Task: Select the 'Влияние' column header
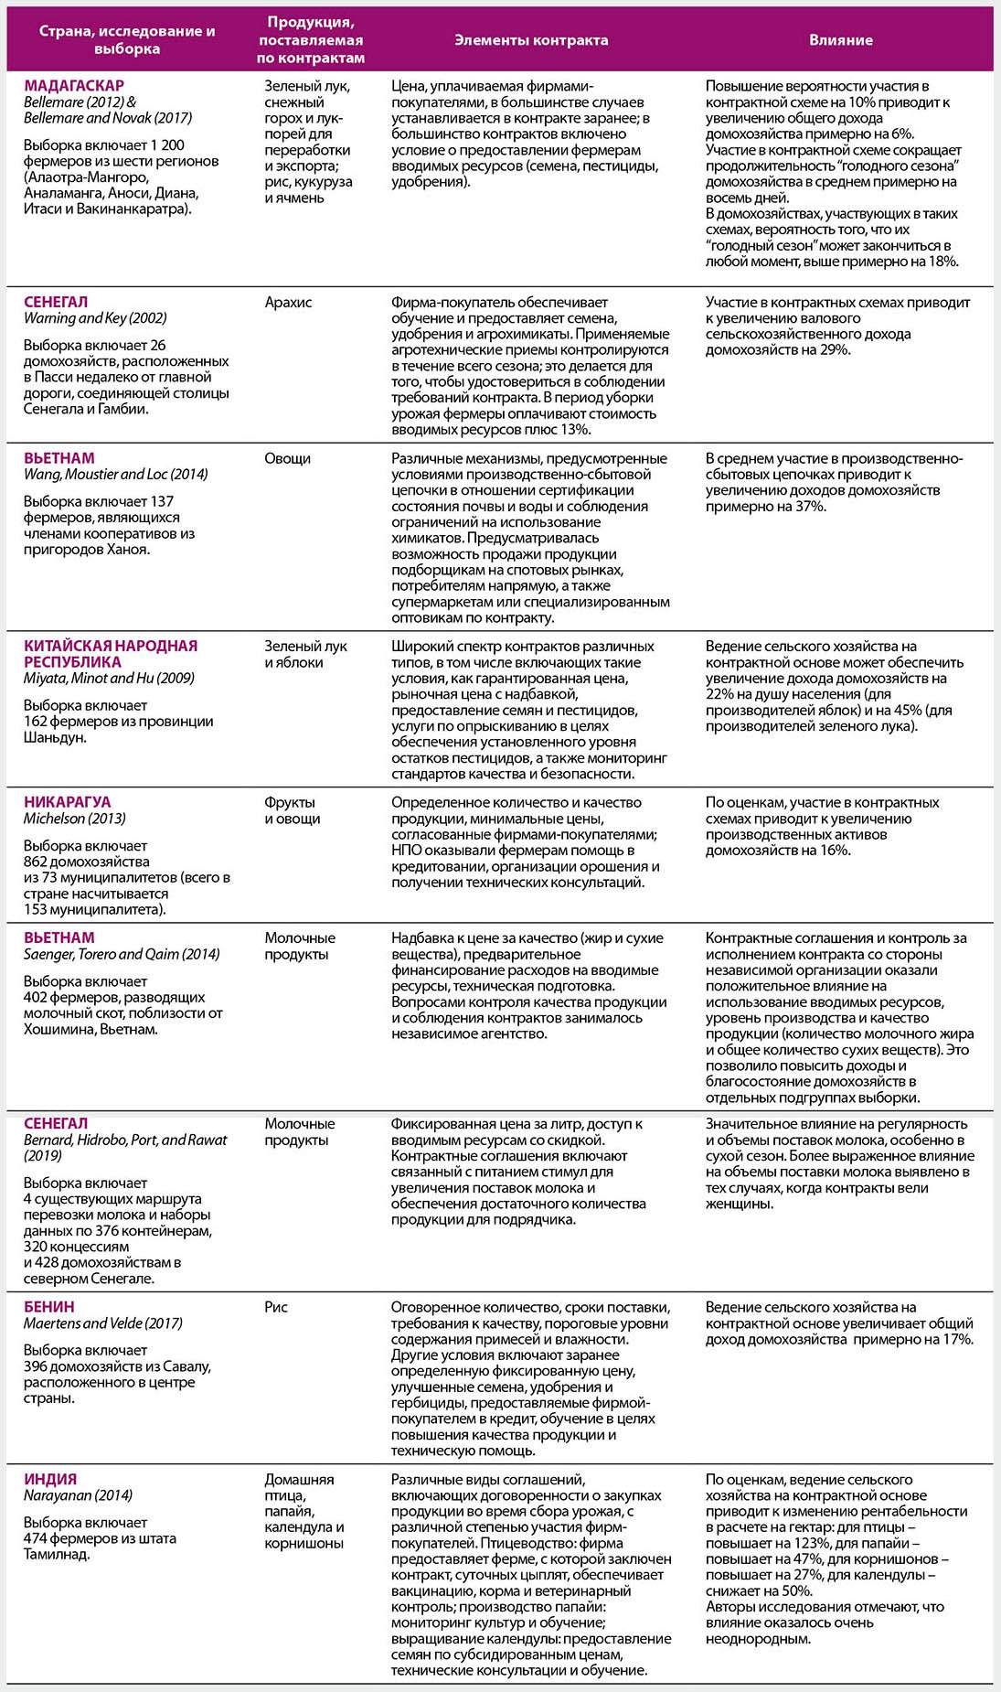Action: tap(840, 40)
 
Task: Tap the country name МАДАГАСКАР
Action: tap(74, 86)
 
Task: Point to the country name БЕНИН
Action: tap(49, 1307)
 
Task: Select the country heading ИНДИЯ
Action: tap(50, 1479)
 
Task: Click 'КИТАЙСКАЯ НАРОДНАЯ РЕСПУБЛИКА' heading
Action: tap(110, 653)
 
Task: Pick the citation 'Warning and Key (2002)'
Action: tap(95, 318)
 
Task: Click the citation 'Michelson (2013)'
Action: tap(75, 819)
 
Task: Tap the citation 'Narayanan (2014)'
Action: tap(79, 1495)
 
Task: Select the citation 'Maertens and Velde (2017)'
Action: tap(103, 1323)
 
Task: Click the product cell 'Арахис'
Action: tap(288, 303)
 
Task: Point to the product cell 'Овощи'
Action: tap(288, 458)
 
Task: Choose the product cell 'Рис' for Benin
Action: tap(276, 1307)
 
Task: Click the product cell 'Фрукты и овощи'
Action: tap(292, 810)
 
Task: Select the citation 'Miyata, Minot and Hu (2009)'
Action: tap(109, 678)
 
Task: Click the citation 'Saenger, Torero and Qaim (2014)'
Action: tap(122, 954)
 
